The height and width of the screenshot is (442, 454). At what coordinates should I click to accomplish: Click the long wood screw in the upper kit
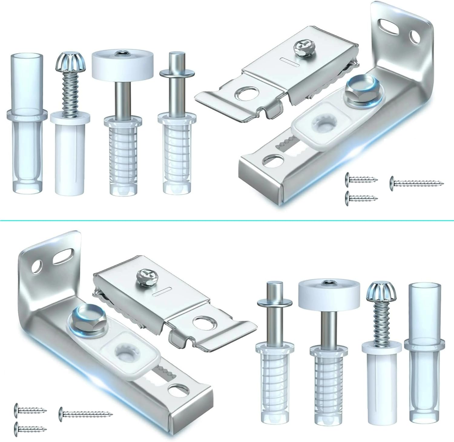click(x=416, y=182)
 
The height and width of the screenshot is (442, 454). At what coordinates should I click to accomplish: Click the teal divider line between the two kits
click(x=227, y=220)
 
